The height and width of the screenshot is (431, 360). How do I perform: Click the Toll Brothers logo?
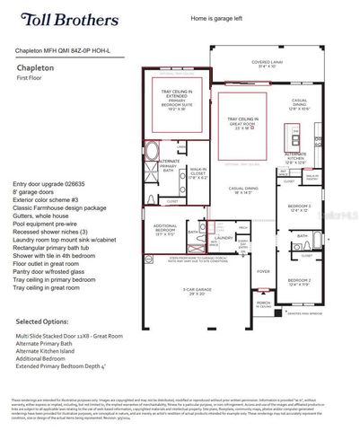57,19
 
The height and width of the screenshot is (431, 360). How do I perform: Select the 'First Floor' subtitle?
30,78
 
